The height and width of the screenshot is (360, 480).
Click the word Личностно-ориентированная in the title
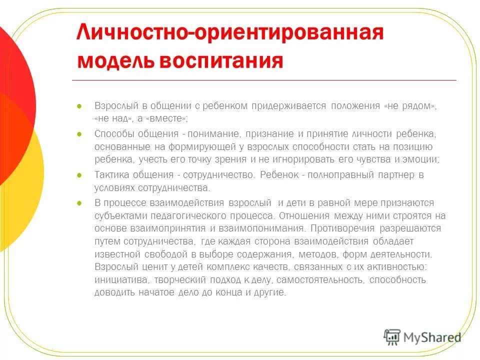click(x=230, y=34)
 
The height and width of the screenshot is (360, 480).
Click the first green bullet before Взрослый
click(x=79, y=106)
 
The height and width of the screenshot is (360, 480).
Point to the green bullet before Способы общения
click(x=79, y=134)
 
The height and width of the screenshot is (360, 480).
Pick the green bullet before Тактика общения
click(x=79, y=175)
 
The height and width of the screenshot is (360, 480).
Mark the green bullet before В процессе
click(x=79, y=203)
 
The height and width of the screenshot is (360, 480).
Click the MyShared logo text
click(x=433, y=337)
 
